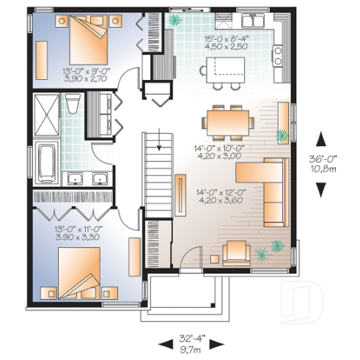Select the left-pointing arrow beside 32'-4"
[x=163, y=345]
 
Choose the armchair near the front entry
[x=235, y=253]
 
